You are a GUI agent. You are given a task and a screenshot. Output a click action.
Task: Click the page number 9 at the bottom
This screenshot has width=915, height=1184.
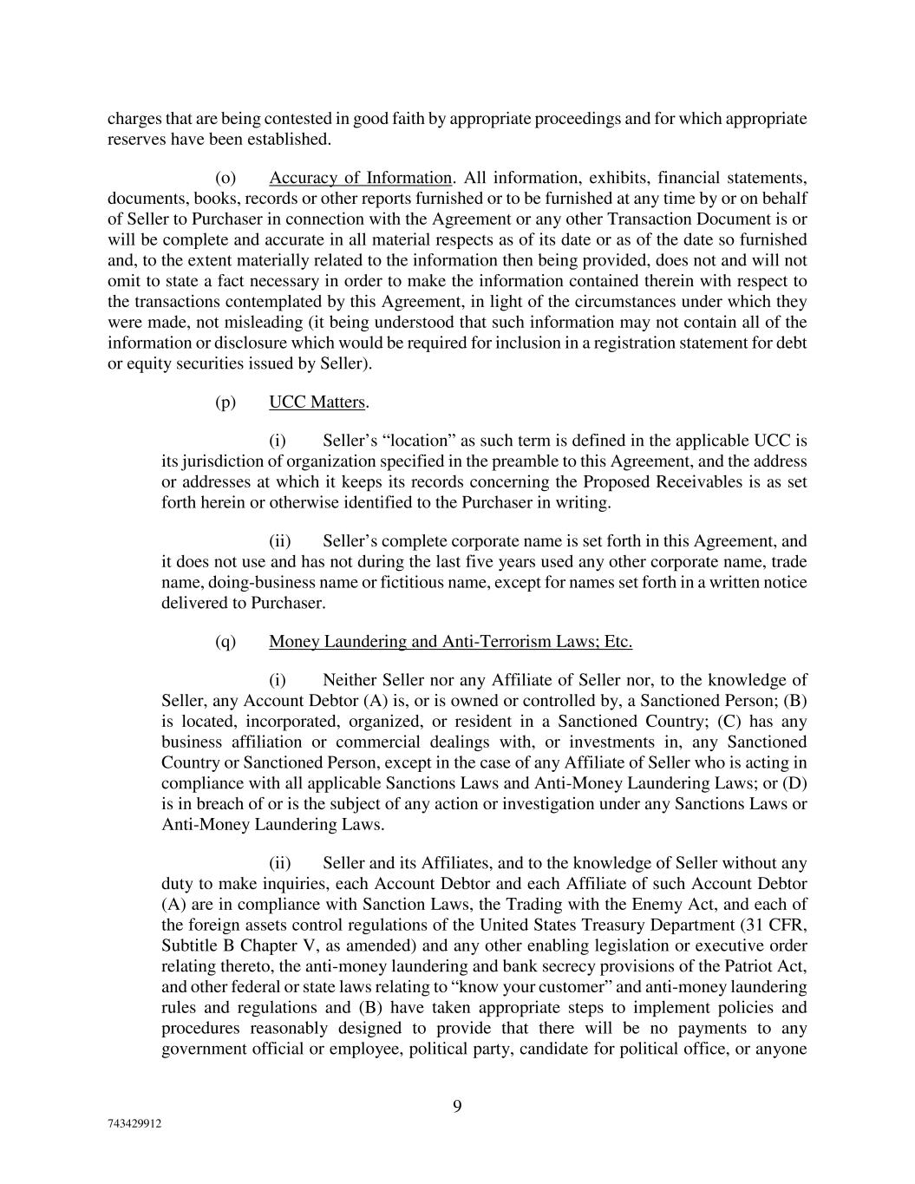(457, 1105)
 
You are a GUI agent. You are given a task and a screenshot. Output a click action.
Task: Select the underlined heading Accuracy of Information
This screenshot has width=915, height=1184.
(360, 178)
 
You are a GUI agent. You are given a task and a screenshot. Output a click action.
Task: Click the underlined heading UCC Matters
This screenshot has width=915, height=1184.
(317, 402)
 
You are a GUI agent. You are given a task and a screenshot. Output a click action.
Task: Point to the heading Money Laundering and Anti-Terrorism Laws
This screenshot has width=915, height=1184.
(450, 641)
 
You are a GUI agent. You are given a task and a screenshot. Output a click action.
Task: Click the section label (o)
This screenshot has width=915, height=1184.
(225, 178)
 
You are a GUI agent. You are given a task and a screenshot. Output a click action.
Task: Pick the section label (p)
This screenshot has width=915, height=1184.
(225, 402)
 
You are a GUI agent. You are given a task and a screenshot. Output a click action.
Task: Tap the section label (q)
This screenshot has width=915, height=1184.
(225, 641)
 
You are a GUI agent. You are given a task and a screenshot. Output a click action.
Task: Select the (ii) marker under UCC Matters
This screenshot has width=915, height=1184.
(280, 540)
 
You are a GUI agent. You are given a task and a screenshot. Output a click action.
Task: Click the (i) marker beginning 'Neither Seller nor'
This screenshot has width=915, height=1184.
(278, 679)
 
